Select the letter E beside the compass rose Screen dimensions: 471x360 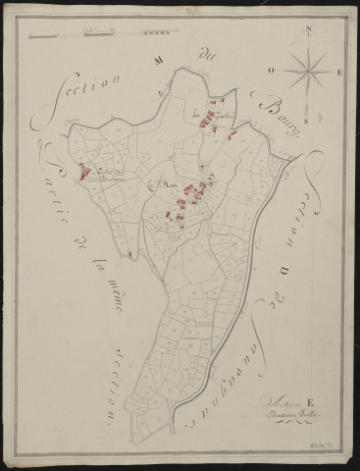pos(337,72)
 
